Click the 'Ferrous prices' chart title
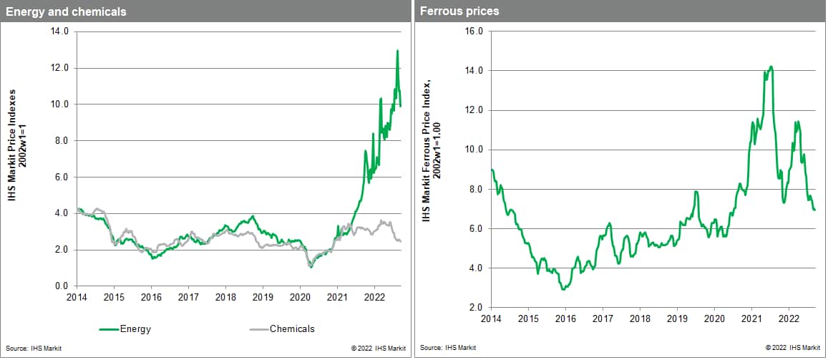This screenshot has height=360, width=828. (459, 11)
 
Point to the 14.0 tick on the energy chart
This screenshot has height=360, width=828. (59, 31)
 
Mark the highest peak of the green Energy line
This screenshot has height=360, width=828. (397, 51)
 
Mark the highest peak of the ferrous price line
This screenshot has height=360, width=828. (771, 67)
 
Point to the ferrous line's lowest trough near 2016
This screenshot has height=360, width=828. (564, 289)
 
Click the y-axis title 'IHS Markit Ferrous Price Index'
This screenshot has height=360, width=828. (427, 152)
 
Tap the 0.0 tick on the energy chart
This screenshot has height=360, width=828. (61, 286)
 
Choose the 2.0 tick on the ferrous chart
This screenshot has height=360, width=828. (475, 308)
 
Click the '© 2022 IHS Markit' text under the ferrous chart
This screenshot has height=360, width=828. (793, 349)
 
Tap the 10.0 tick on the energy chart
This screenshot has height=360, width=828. (59, 104)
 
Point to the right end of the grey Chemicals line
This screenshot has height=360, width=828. (401, 241)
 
